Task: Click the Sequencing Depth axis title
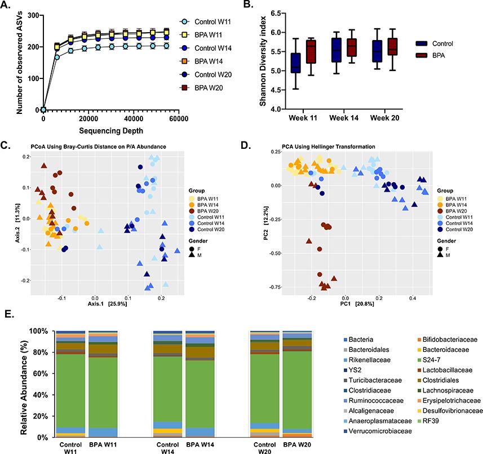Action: (x=110, y=130)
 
